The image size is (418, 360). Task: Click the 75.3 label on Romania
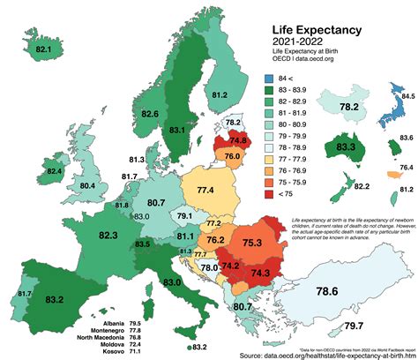253,243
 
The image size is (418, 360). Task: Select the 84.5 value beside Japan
408,94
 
